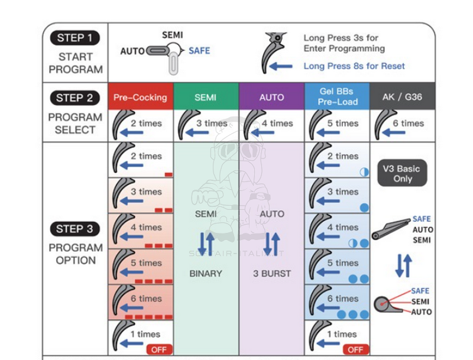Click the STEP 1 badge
(75, 38)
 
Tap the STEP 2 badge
(75, 98)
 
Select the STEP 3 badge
(75, 229)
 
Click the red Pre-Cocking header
(141, 97)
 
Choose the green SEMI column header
(206, 97)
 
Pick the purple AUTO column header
(272, 97)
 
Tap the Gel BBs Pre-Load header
(337, 96)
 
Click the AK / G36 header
(403, 96)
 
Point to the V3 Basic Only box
(403, 173)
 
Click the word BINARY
(206, 274)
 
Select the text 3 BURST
(272, 274)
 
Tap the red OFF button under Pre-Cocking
(159, 349)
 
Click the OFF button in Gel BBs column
(356, 349)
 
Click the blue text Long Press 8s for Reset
(354, 66)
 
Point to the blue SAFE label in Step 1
(199, 51)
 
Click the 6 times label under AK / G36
(408, 124)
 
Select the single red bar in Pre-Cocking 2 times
(169, 174)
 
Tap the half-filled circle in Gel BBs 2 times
(364, 172)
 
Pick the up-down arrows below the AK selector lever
(404, 265)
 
